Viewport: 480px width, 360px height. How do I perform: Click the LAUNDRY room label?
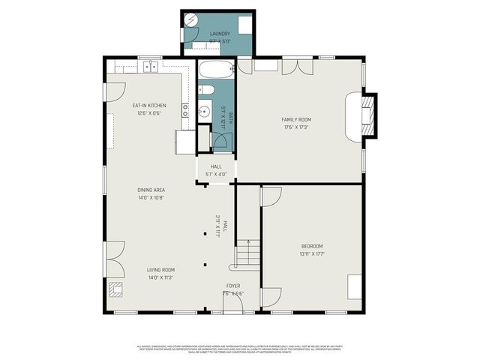tap(220, 34)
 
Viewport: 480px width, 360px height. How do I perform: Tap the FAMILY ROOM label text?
tap(295, 119)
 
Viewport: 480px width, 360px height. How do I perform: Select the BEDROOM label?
tap(312, 246)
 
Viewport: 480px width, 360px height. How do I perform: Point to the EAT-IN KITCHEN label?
tap(149, 105)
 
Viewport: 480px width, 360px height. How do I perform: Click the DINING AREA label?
tap(150, 190)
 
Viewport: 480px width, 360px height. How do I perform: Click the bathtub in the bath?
tap(217, 72)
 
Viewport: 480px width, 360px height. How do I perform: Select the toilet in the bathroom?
tap(206, 91)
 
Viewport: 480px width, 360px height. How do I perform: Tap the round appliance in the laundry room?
tap(191, 20)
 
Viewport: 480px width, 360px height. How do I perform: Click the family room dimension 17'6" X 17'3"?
tap(295, 127)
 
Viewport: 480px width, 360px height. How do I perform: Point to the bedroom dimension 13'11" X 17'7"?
tap(312, 254)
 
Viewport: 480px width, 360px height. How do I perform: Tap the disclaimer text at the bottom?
tap(239, 348)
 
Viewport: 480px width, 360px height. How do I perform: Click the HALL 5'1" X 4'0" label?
tap(216, 170)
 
